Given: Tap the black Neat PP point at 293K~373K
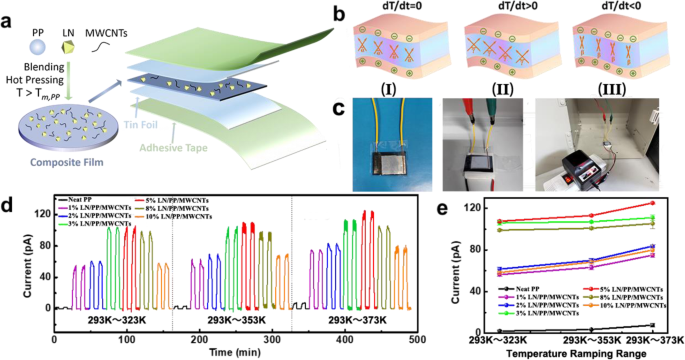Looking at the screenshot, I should coord(652,325).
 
